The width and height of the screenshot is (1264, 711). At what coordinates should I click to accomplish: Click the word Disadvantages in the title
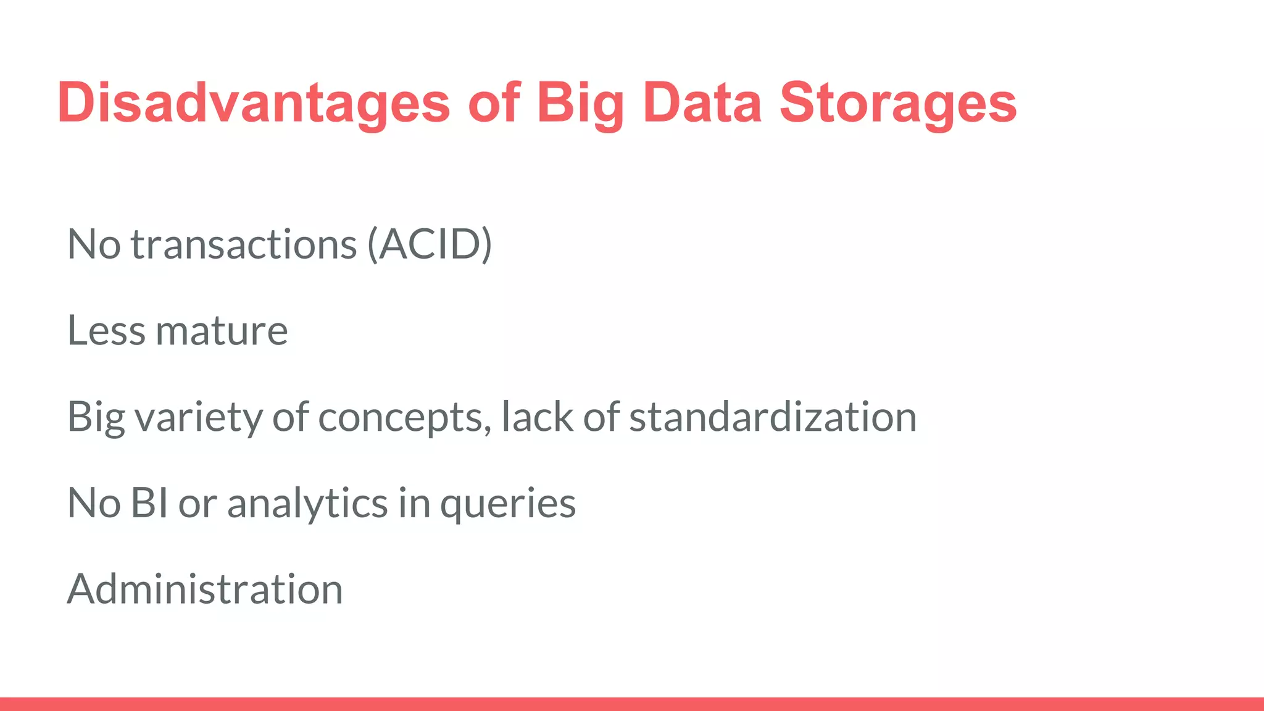coord(254,103)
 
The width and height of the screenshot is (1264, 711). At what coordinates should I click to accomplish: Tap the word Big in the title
coord(580,103)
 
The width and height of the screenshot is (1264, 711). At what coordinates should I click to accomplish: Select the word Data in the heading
coord(702,103)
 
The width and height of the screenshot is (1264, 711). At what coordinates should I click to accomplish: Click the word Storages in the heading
coord(898,103)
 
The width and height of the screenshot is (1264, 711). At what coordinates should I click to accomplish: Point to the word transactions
coord(244,244)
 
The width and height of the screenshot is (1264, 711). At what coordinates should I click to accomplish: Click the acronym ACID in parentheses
coord(430,244)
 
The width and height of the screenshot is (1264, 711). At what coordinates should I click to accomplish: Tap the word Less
coord(106,330)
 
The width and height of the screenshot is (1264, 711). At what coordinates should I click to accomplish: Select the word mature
coord(222,330)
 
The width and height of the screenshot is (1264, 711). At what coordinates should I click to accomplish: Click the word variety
coord(198,417)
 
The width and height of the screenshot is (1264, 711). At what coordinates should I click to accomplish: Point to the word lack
coord(537,417)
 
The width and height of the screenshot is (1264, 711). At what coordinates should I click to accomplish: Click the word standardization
coord(773,417)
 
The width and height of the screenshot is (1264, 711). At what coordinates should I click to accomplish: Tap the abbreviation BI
coord(149,502)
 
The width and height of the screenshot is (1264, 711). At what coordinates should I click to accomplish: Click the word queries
coord(507,504)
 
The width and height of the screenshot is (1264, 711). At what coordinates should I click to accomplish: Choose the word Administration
coord(204,589)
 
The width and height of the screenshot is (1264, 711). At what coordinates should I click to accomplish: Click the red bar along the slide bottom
coord(632,704)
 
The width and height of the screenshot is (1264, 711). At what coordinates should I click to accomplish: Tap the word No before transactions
coord(93,244)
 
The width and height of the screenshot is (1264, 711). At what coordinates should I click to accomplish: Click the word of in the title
coord(494,103)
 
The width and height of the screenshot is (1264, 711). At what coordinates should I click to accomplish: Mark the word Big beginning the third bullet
coord(96,418)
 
